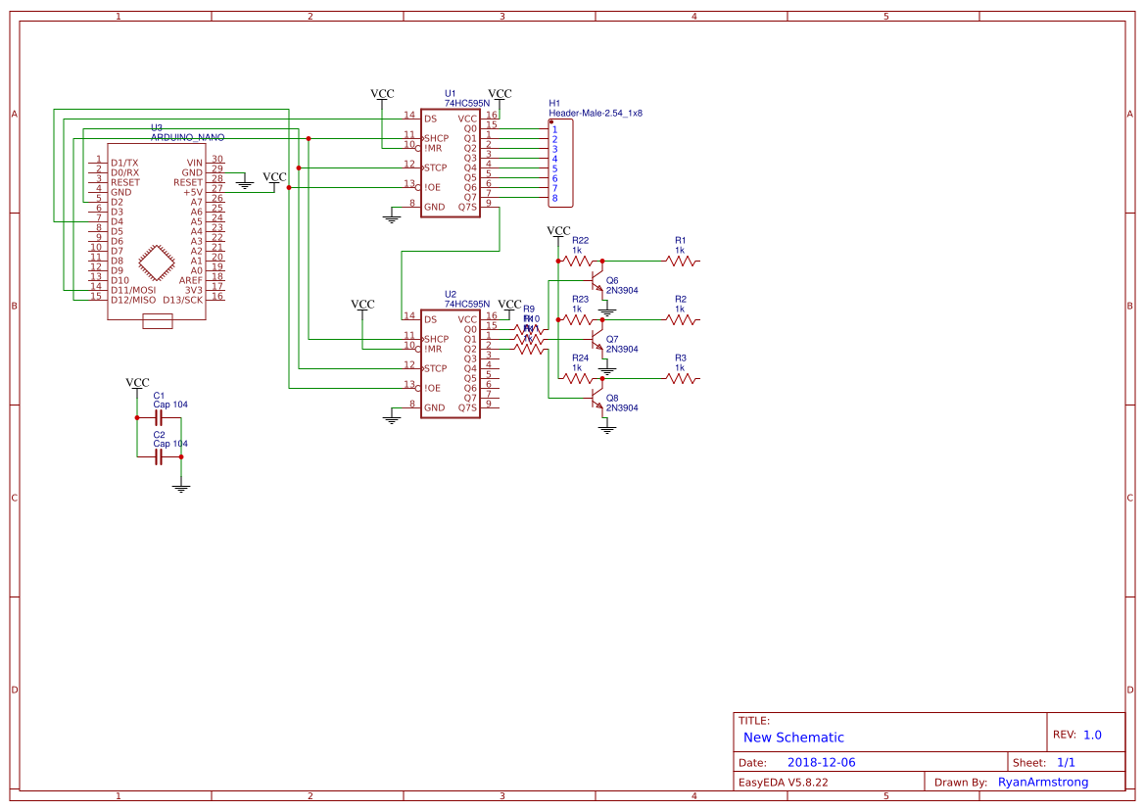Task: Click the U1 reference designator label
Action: click(x=451, y=93)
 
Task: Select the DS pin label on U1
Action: click(x=430, y=119)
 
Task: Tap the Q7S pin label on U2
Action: click(x=467, y=407)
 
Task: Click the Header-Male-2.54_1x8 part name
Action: click(x=596, y=114)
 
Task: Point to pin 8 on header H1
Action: click(x=554, y=199)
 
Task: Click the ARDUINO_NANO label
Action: click(x=187, y=137)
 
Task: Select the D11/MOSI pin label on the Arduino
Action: click(x=133, y=290)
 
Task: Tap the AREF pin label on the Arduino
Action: click(x=190, y=280)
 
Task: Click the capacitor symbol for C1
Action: click(x=158, y=417)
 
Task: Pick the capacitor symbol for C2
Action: click(x=158, y=456)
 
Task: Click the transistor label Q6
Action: click(x=612, y=280)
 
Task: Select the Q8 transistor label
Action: click(x=612, y=398)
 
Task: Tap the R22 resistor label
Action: click(x=580, y=240)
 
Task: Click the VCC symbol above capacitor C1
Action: click(x=138, y=383)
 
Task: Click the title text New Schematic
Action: click(x=793, y=738)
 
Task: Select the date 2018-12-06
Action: click(x=822, y=762)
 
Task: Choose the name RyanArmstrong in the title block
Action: click(x=1042, y=782)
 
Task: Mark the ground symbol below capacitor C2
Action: click(x=180, y=486)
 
